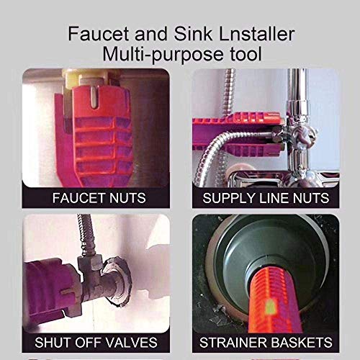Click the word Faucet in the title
pyautogui.click(x=92, y=33)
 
